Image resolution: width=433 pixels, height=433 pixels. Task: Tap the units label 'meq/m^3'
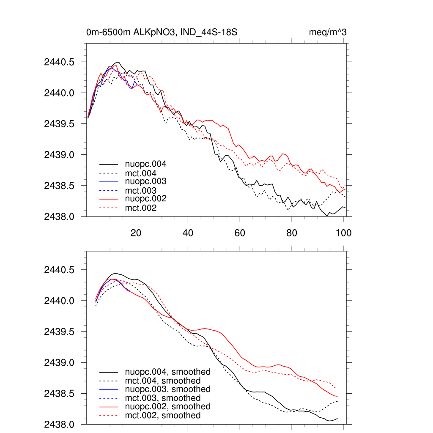(x=328, y=32)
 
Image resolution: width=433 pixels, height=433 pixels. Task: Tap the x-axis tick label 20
(x=136, y=233)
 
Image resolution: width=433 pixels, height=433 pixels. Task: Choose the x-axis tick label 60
(x=240, y=233)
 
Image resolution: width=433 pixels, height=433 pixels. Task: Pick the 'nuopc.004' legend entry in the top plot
(x=145, y=164)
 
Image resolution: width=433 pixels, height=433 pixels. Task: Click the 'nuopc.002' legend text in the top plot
(x=145, y=199)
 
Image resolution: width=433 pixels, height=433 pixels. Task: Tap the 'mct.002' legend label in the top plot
(x=141, y=208)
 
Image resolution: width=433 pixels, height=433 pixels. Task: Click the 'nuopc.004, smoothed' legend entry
(x=167, y=372)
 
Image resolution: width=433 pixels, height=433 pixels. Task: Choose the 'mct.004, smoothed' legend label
(x=163, y=381)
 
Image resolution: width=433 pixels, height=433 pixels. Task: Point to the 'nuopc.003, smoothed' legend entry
(x=167, y=389)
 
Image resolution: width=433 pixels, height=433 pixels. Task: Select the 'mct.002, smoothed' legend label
(x=163, y=416)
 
